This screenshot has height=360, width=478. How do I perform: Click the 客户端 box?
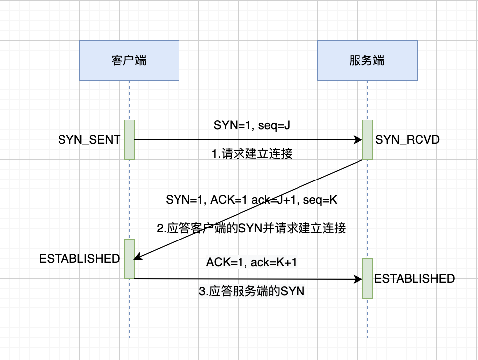pos(129,60)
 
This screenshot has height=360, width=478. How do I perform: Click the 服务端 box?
pos(367,60)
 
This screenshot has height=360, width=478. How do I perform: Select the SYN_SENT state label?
pos(89,140)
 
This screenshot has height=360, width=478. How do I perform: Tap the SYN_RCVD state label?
pos(407,140)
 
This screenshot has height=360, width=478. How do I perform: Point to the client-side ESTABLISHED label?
pos(79,259)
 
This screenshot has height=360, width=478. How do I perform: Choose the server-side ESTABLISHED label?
pos(415,279)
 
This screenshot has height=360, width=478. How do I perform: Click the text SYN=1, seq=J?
pos(251,125)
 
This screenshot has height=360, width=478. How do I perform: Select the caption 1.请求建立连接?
pos(252,153)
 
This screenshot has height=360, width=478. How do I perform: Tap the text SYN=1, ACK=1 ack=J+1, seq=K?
pos(251,200)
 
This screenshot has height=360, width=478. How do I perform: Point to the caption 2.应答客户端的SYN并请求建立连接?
pos(251,228)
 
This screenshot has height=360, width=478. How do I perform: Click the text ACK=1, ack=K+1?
pos(251,262)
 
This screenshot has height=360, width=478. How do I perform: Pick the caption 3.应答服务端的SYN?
pos(251,291)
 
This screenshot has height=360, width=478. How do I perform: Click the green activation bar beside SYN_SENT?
pos(129,140)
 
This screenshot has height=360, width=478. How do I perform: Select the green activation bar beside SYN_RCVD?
pos(367,140)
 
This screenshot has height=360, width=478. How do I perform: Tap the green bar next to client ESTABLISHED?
pos(129,259)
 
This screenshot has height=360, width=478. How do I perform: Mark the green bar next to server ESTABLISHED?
pos(367,279)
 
